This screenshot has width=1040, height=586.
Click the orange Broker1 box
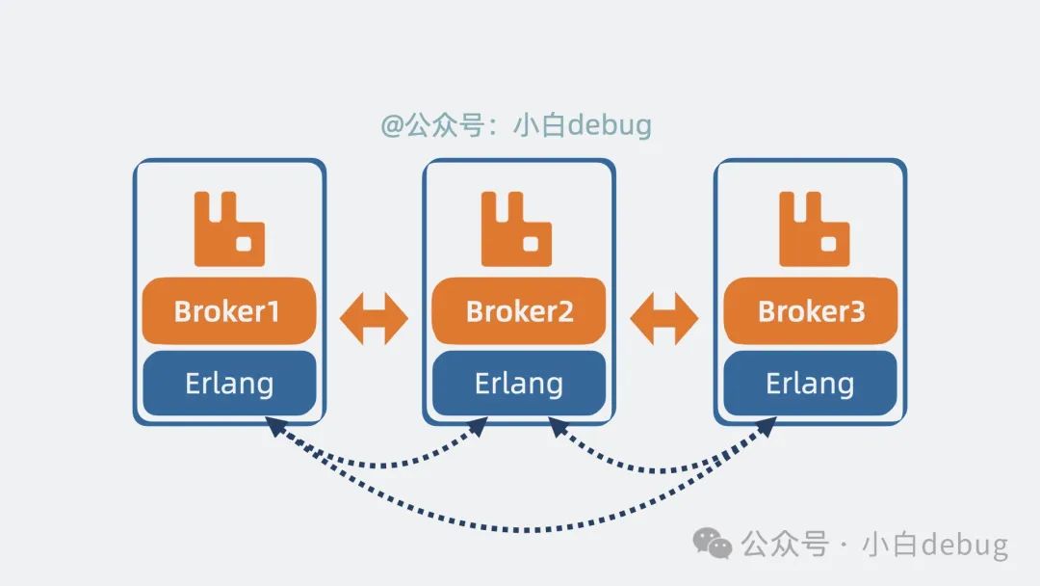(229, 311)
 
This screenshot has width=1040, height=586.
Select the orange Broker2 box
(519, 311)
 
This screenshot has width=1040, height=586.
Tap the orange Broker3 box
(811, 311)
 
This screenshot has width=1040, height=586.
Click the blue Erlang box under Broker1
(229, 384)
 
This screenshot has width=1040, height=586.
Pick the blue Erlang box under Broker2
(519, 384)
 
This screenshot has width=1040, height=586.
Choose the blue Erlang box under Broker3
(811, 384)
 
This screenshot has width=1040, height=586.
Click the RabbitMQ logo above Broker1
(229, 229)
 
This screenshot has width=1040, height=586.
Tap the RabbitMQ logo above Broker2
(517, 229)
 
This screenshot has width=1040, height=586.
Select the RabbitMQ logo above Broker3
(815, 229)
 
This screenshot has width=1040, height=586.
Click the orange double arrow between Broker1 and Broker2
(374, 315)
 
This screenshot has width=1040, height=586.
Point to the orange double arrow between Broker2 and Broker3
(664, 315)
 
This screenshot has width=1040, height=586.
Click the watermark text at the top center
(516, 125)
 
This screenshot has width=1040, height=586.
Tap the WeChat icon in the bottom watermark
(714, 545)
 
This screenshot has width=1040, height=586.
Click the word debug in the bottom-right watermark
(963, 546)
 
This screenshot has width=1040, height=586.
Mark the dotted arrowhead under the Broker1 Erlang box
(274, 426)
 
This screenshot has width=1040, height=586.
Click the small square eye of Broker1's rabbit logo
(245, 245)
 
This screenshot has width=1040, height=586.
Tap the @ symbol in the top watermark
(392, 126)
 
